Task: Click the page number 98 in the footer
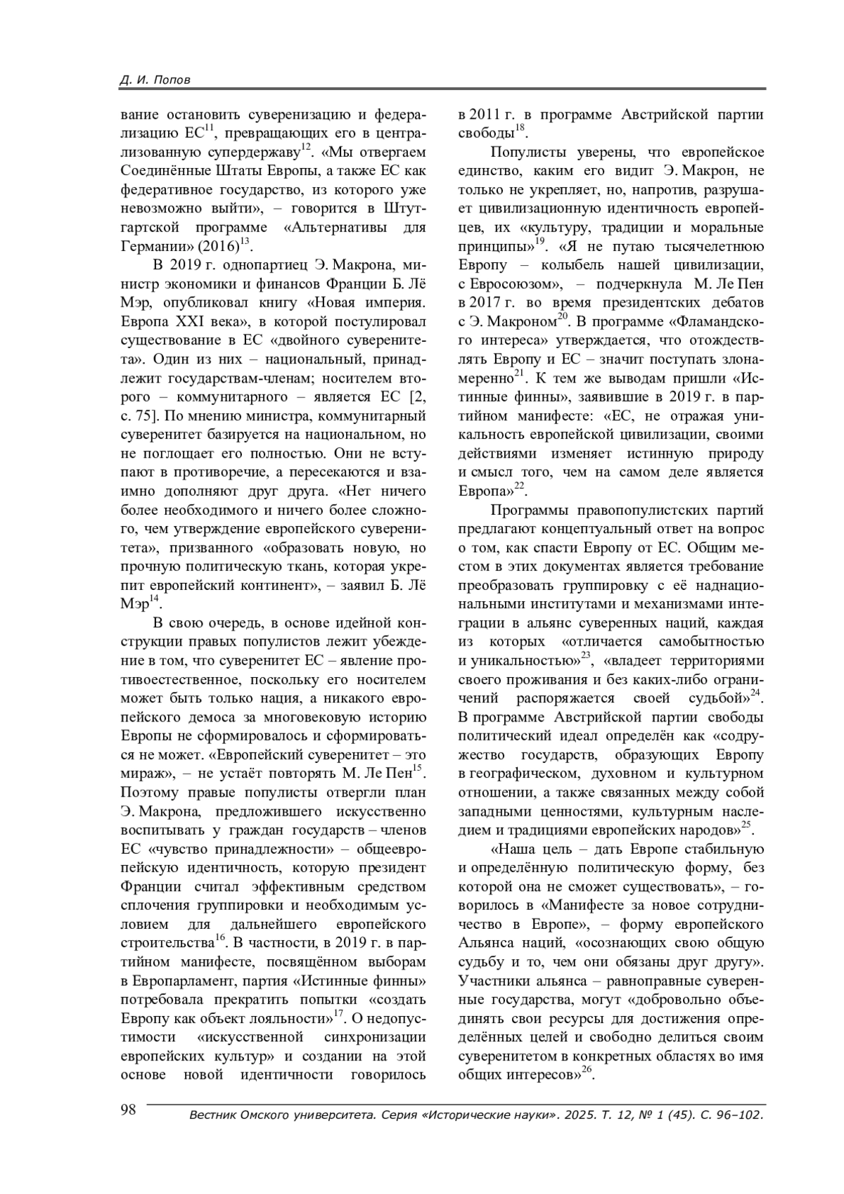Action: pyautogui.click(x=128, y=1110)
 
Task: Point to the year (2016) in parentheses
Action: pyautogui.click(x=220, y=247)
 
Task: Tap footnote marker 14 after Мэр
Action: pyautogui.click(x=153, y=598)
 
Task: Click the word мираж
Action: pyautogui.click(x=146, y=773)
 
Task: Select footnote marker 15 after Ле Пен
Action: pyautogui.click(x=416, y=769)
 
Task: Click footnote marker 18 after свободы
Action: pyautogui.click(x=520, y=127)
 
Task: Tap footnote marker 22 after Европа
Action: pyautogui.click(x=520, y=485)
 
